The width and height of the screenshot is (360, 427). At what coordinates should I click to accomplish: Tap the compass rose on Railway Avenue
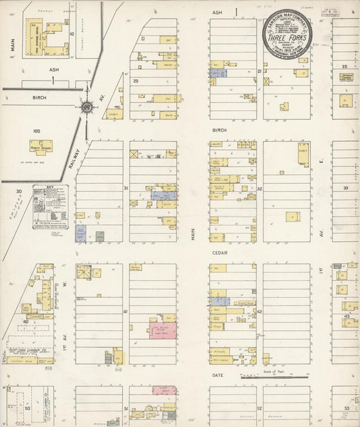tap(87, 107)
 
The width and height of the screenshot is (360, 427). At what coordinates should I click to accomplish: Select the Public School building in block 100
tap(41, 147)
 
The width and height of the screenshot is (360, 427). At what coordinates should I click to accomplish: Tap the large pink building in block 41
tap(163, 330)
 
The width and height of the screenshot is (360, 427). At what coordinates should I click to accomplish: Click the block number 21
tap(259, 71)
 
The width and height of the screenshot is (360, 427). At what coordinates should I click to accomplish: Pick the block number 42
tap(259, 312)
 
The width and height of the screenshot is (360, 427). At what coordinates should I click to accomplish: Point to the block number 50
tap(28, 408)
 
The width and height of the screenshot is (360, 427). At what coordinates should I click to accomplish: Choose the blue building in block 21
tap(217, 72)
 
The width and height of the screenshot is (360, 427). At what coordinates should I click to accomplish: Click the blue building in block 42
tap(219, 301)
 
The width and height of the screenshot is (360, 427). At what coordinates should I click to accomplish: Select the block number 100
tap(36, 131)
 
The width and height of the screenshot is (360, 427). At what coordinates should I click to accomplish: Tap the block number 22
tap(344, 66)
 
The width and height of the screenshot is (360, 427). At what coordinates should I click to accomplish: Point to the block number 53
tap(346, 408)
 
